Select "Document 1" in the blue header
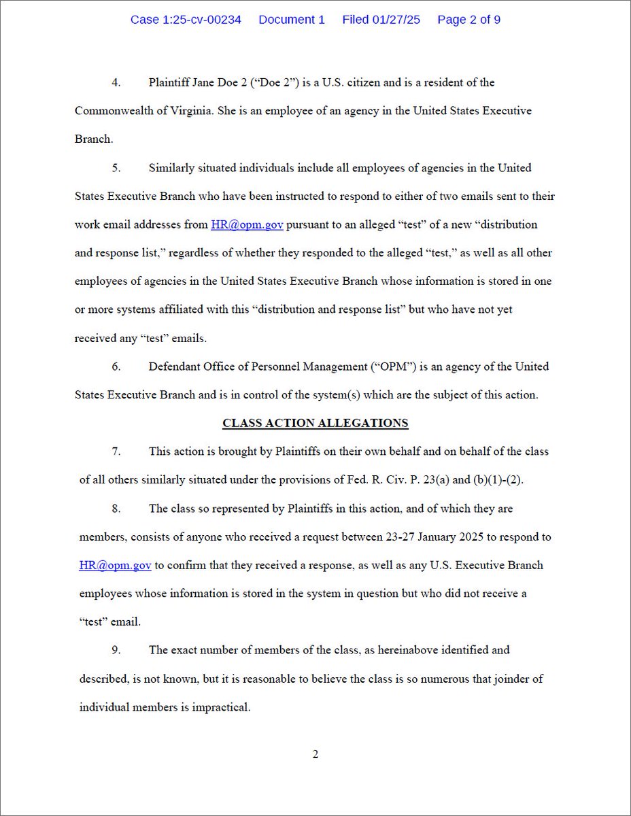(292, 20)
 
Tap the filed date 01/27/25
(396, 20)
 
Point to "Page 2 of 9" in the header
(468, 20)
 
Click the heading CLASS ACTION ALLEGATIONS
(315, 423)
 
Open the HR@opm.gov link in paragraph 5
(247, 224)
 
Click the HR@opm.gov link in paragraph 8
(115, 565)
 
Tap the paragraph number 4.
(116, 82)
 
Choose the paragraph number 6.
(116, 367)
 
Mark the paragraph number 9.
(116, 650)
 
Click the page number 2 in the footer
(315, 754)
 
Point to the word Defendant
(175, 367)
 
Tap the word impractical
(222, 707)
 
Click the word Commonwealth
(115, 111)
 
